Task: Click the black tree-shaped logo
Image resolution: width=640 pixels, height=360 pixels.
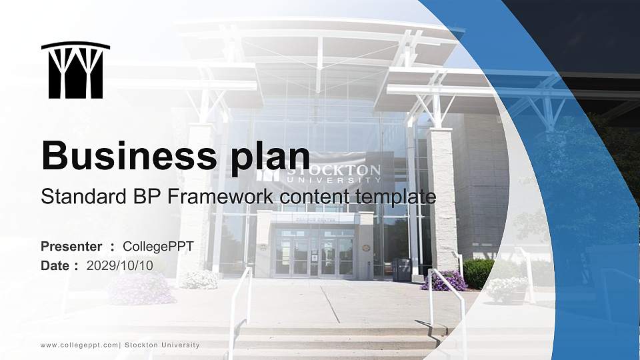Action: (x=75, y=70)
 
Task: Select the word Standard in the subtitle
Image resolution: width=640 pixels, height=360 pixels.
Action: (x=73, y=197)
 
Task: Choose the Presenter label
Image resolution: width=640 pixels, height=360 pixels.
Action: (x=71, y=247)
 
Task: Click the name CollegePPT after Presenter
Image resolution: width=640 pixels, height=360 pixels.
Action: (x=158, y=247)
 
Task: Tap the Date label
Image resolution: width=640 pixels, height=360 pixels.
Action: (x=55, y=265)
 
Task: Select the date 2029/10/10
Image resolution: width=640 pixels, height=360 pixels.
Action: (x=120, y=265)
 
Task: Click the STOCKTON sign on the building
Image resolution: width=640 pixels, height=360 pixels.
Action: (x=333, y=172)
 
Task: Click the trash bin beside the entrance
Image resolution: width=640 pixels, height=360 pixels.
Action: (x=402, y=269)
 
